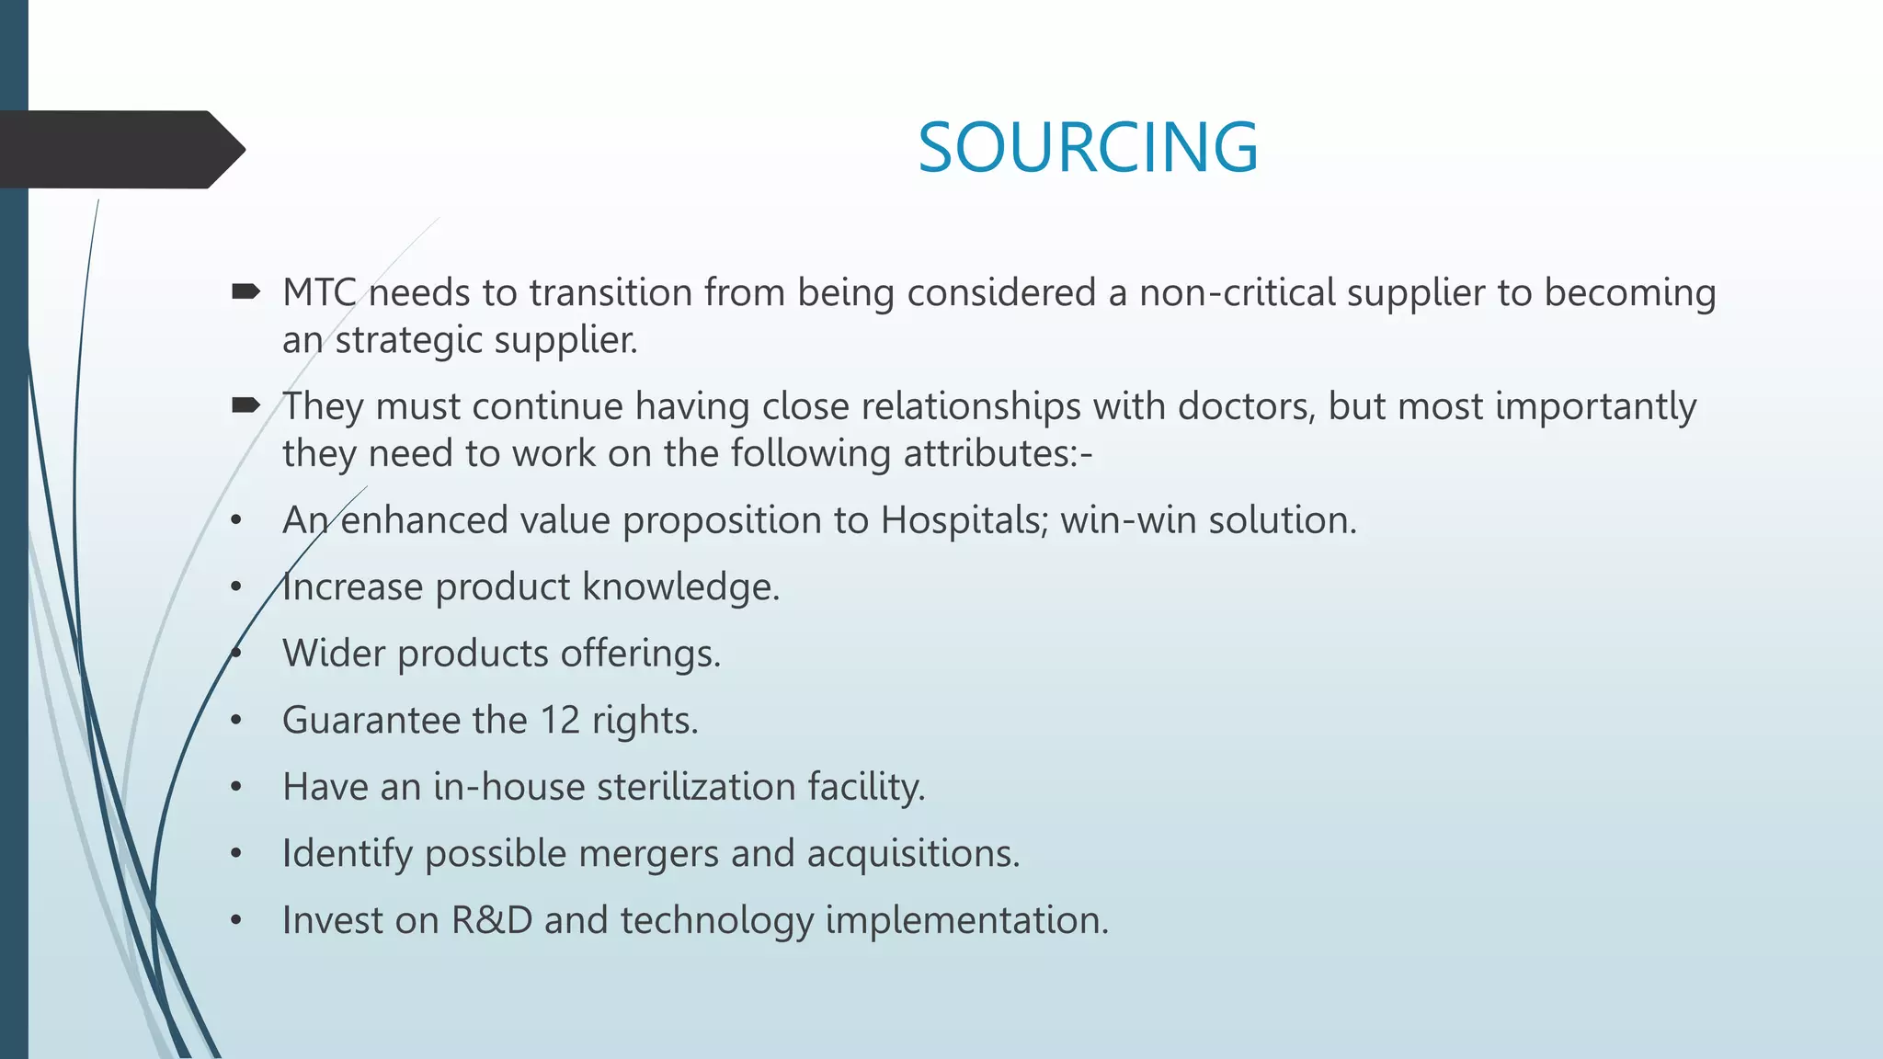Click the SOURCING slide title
(x=1088, y=147)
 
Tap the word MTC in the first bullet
(x=319, y=293)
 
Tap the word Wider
(x=334, y=654)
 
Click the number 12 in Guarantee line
(x=560, y=720)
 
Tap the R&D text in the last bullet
(x=492, y=920)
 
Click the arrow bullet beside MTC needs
(x=245, y=292)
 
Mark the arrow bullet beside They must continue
(x=245, y=405)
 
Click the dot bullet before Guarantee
(x=236, y=721)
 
